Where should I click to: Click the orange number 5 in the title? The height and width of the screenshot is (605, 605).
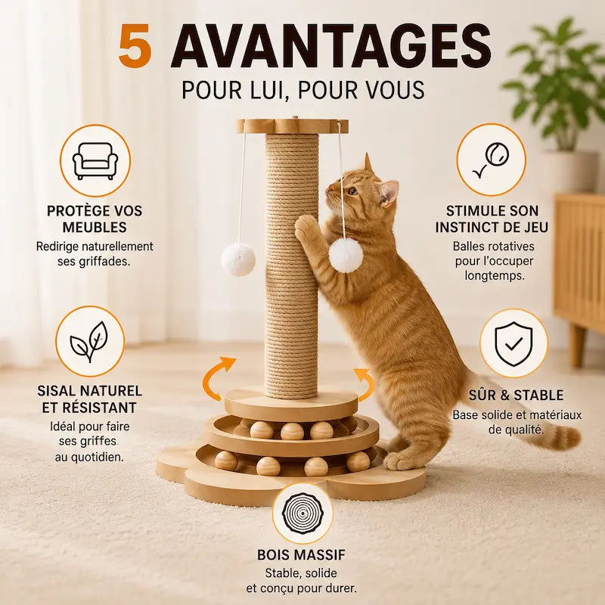click(135, 46)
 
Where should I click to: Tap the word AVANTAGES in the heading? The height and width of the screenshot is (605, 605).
click(331, 46)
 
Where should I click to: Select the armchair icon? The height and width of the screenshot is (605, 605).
click(95, 160)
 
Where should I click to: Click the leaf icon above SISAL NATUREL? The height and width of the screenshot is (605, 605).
click(89, 341)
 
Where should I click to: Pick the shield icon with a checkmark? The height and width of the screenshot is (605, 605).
click(513, 343)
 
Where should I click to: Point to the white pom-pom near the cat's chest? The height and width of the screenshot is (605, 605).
click(346, 253)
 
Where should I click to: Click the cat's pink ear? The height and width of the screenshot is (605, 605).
click(388, 192)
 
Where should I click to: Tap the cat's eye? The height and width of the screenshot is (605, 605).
click(352, 191)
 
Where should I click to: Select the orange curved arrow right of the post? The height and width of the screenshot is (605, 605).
click(365, 385)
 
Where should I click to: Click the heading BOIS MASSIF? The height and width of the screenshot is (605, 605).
click(301, 555)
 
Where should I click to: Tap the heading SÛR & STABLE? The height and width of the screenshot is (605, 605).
click(517, 395)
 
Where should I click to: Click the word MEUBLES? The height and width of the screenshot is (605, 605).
click(95, 228)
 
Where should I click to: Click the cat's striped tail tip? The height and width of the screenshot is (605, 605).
click(566, 438)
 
